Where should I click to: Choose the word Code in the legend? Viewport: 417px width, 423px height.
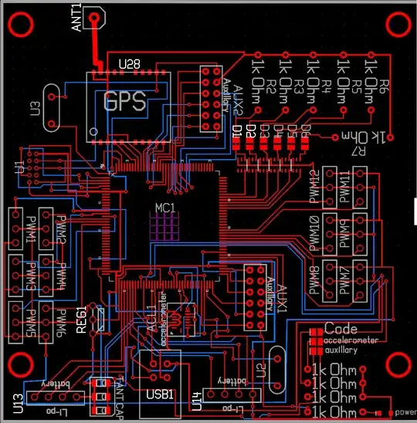341,329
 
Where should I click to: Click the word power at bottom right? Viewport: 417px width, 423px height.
405,412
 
